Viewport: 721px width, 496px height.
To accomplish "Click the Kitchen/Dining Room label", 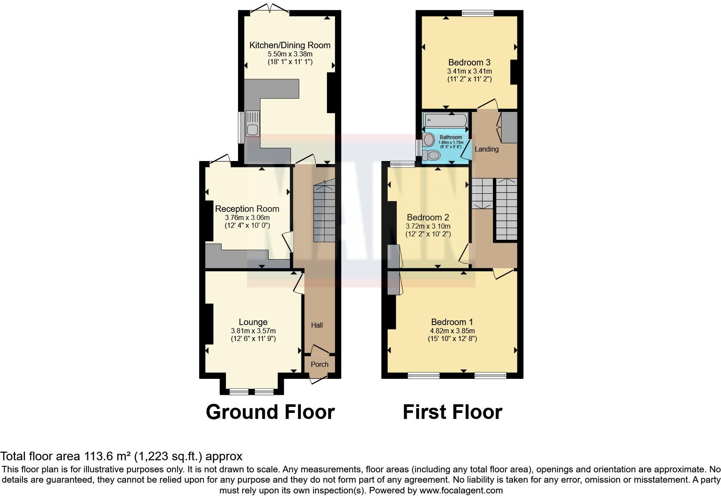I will click(290, 45).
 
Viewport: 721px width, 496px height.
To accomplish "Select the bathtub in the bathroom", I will click(445, 120).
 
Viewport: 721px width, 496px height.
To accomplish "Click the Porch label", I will click(320, 364).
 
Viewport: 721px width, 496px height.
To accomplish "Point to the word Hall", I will click(317, 325).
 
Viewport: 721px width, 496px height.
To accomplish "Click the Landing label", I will click(486, 149).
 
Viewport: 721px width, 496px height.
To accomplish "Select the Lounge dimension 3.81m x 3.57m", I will click(253, 331).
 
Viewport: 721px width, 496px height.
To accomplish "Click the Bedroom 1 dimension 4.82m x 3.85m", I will click(452, 331).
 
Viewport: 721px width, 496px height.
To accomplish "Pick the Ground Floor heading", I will click(270, 412).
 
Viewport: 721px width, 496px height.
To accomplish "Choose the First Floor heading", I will click(452, 412).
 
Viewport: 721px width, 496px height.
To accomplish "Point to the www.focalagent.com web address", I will click(461, 490).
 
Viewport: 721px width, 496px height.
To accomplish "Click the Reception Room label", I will click(247, 209).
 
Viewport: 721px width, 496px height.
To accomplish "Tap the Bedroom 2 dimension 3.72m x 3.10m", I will click(428, 226).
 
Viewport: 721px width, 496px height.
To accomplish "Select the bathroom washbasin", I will click(429, 139).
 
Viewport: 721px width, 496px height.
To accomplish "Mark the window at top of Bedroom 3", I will click(477, 13).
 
